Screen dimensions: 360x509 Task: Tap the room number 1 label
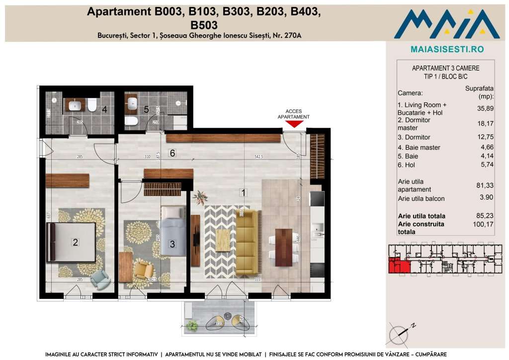[x=243, y=192]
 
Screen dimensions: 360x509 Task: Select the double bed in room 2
[x=71, y=242]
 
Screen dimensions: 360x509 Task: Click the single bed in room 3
[x=173, y=230]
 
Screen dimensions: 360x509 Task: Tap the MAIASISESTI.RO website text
[x=447, y=49]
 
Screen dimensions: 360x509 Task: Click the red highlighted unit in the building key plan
[x=399, y=266]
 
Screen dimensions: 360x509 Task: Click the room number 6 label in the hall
[x=172, y=153]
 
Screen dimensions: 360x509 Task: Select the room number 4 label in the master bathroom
[x=105, y=109]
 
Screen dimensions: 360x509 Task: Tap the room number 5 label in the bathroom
[x=146, y=109]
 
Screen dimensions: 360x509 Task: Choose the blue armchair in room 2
[x=101, y=279]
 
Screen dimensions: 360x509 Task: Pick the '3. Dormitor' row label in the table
[x=414, y=137]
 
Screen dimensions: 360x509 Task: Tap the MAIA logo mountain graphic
[x=446, y=25]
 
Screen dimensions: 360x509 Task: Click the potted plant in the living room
[x=201, y=198]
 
